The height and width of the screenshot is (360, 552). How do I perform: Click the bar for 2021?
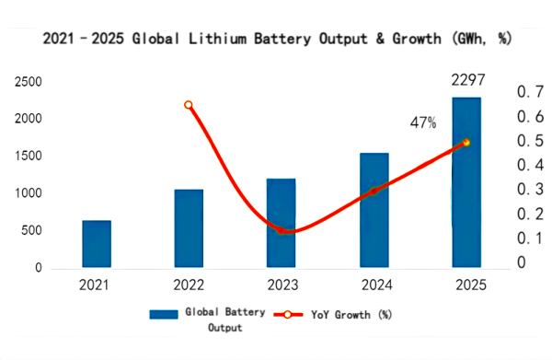[x=97, y=244]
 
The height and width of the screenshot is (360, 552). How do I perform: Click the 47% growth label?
[x=423, y=122]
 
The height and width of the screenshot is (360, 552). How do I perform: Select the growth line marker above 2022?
[x=189, y=105]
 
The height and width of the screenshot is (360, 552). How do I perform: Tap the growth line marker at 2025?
[x=466, y=142]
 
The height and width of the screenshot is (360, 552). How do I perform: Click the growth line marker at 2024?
[x=374, y=191]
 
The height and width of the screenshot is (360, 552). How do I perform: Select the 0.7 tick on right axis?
[x=531, y=92]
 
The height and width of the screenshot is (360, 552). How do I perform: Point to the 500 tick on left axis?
[x=30, y=231]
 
